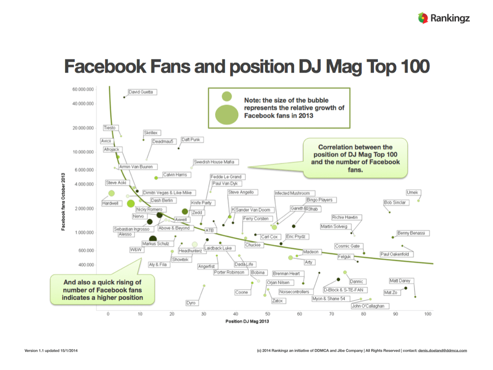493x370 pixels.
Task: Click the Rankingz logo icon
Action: (x=423, y=18)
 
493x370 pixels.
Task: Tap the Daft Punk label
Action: (x=191, y=140)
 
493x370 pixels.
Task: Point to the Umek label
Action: (x=413, y=193)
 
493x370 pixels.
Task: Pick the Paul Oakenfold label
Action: (x=397, y=254)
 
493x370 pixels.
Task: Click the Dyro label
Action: (x=191, y=303)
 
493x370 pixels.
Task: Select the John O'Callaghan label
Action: (x=368, y=306)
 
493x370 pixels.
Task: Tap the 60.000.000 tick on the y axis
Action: (x=83, y=90)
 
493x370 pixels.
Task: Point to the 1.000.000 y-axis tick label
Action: (x=84, y=233)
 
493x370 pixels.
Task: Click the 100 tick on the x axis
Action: (x=427, y=314)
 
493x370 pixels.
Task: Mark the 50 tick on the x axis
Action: (x=268, y=314)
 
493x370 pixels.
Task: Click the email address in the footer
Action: (x=442, y=350)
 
